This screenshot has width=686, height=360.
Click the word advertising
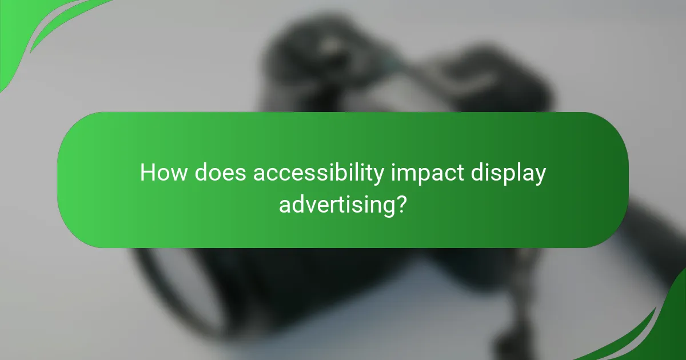click(x=336, y=204)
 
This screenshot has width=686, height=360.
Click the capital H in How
click(x=147, y=173)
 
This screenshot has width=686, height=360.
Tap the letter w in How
click(x=178, y=174)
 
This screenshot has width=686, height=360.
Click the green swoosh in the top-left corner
click(x=34, y=29)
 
